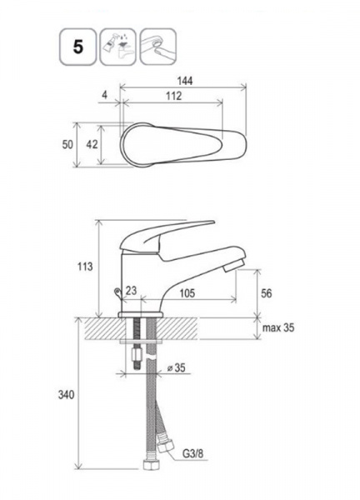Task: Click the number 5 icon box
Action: [77, 47]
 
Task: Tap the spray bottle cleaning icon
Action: [118, 47]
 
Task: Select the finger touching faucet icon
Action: [158, 47]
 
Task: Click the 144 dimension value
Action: [185, 81]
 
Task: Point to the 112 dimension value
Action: [173, 96]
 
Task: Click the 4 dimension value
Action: [105, 95]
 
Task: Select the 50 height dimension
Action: [67, 144]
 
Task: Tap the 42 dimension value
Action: [92, 144]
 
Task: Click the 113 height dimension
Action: [85, 267]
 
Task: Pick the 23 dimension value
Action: [131, 290]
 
